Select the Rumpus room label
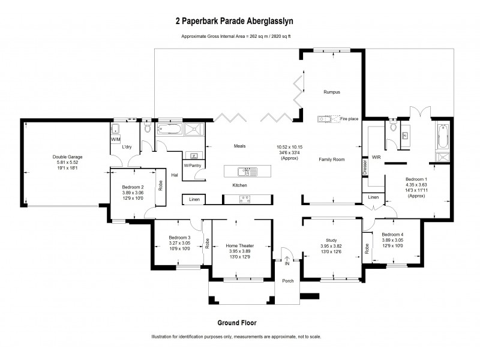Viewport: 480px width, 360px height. pyautogui.click(x=332, y=92)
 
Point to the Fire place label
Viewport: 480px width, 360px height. pyautogui.click(x=349, y=119)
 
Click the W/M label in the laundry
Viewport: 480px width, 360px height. pyautogui.click(x=115, y=139)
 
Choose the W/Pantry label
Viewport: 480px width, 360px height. pyautogui.click(x=192, y=165)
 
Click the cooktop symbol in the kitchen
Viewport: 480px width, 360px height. pyautogui.click(x=244, y=197)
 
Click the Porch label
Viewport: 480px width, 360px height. pyautogui.click(x=289, y=280)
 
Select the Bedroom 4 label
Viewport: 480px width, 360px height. pyautogui.click(x=393, y=234)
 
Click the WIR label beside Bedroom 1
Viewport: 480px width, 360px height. pyautogui.click(x=377, y=157)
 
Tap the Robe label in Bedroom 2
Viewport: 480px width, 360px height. pyautogui.click(x=160, y=185)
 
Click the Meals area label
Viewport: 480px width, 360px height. pyautogui.click(x=240, y=146)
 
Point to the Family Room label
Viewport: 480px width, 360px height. pyautogui.click(x=331, y=160)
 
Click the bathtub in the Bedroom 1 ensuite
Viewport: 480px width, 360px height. pyautogui.click(x=443, y=136)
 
